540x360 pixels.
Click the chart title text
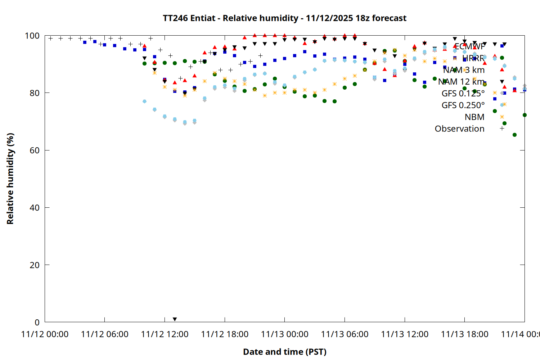point(284,18)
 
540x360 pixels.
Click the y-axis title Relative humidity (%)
point(10,179)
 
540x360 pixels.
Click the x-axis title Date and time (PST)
point(284,352)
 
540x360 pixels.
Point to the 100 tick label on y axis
point(32,36)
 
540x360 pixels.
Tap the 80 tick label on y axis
point(35,93)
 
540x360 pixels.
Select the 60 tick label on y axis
point(35,150)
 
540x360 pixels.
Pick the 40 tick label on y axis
point(35,208)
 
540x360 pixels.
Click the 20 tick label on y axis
point(35,265)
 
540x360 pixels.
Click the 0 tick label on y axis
point(37,322)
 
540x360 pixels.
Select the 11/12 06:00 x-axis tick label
point(105,334)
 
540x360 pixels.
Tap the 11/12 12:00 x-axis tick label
point(165,334)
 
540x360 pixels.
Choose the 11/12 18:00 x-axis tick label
point(225,334)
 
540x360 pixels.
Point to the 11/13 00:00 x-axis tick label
point(284,334)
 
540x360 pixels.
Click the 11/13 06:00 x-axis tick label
point(345,334)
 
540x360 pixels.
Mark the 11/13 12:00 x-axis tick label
point(405,334)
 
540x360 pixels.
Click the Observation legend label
point(459,129)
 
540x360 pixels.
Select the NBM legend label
point(474,117)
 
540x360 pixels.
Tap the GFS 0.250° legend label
point(463,105)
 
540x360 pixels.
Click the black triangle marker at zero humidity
point(175,319)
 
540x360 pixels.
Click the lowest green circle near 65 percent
point(514,135)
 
